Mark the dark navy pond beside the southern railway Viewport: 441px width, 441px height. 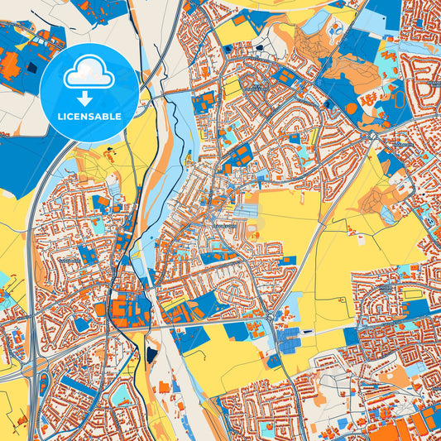coord(152,354)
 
